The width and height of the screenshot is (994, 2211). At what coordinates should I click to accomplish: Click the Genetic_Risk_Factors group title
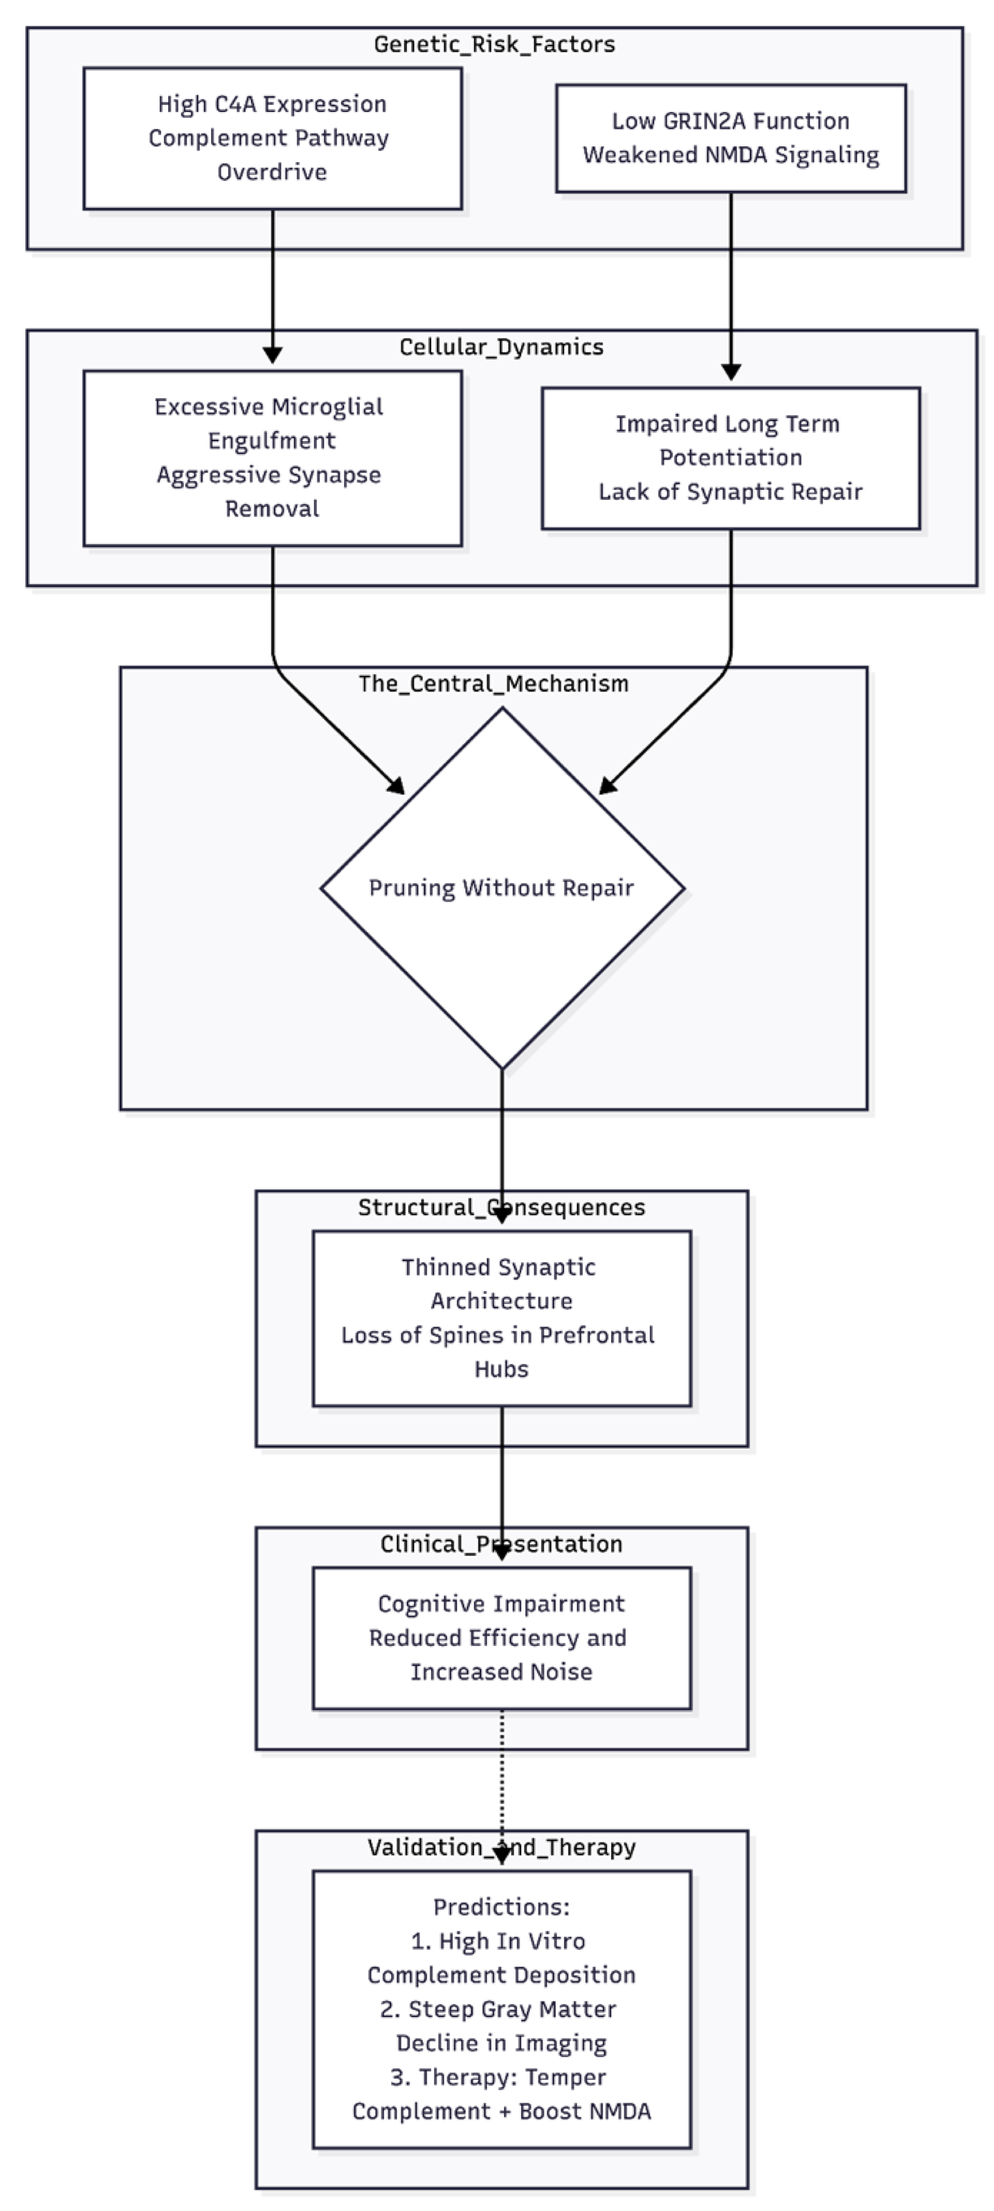(x=494, y=44)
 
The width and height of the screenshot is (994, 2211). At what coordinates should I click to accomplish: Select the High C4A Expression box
(x=272, y=138)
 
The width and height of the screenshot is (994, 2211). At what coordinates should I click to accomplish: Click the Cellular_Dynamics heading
(x=502, y=348)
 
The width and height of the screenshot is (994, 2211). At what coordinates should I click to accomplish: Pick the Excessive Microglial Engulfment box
(x=272, y=458)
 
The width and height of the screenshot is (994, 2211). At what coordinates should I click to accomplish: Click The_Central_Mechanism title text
(x=494, y=684)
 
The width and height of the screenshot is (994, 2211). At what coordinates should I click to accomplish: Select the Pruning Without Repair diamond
(x=502, y=889)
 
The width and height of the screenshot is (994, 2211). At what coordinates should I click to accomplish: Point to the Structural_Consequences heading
(x=502, y=1208)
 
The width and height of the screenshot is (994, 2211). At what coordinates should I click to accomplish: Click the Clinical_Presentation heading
(x=502, y=1544)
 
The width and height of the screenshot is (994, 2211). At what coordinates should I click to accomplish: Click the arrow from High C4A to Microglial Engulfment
(x=272, y=283)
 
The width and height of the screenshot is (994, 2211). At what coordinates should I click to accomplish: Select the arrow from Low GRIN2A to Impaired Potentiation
(x=731, y=283)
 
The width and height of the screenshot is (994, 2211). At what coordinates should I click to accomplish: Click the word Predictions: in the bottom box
(x=502, y=1907)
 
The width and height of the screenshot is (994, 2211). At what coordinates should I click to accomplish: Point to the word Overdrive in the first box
(x=272, y=173)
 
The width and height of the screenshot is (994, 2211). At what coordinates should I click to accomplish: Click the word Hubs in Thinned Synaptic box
(x=502, y=1369)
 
